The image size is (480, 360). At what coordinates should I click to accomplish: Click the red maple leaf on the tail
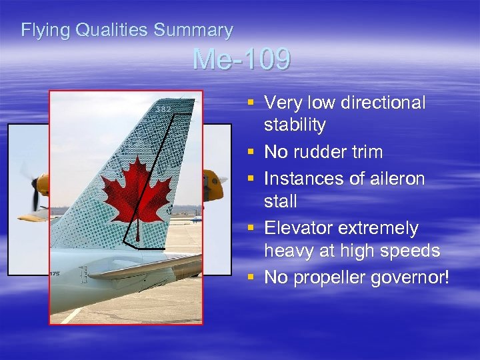click(136, 191)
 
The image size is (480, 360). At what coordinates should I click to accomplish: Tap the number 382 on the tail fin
click(164, 109)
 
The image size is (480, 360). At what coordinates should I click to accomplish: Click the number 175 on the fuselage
click(54, 273)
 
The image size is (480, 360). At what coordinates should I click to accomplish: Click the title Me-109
click(241, 60)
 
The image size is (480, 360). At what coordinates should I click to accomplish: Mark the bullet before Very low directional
click(251, 102)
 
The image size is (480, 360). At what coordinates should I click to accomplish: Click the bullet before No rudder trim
click(251, 151)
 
